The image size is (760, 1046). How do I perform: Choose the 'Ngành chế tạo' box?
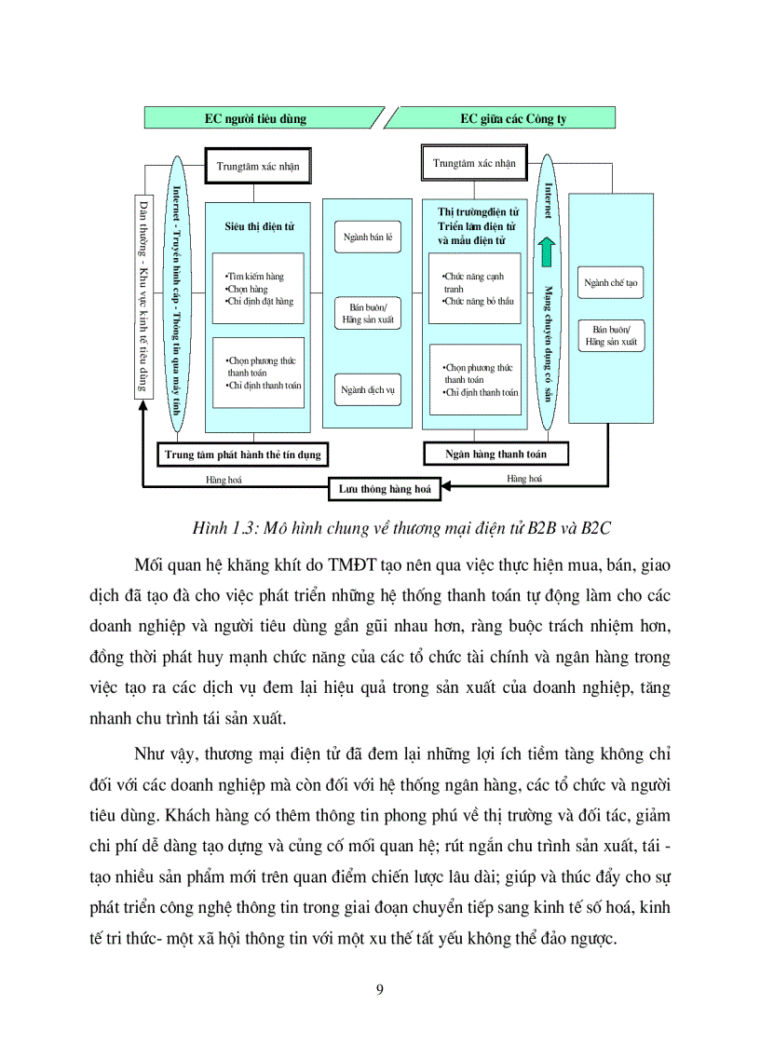[611, 282]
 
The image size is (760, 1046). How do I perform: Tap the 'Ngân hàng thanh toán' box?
[497, 455]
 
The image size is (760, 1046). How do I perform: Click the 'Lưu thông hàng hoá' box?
[384, 487]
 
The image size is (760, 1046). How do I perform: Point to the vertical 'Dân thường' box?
[143, 297]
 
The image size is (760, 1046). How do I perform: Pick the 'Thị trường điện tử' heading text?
[471, 212]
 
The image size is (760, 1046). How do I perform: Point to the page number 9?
[380, 989]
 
